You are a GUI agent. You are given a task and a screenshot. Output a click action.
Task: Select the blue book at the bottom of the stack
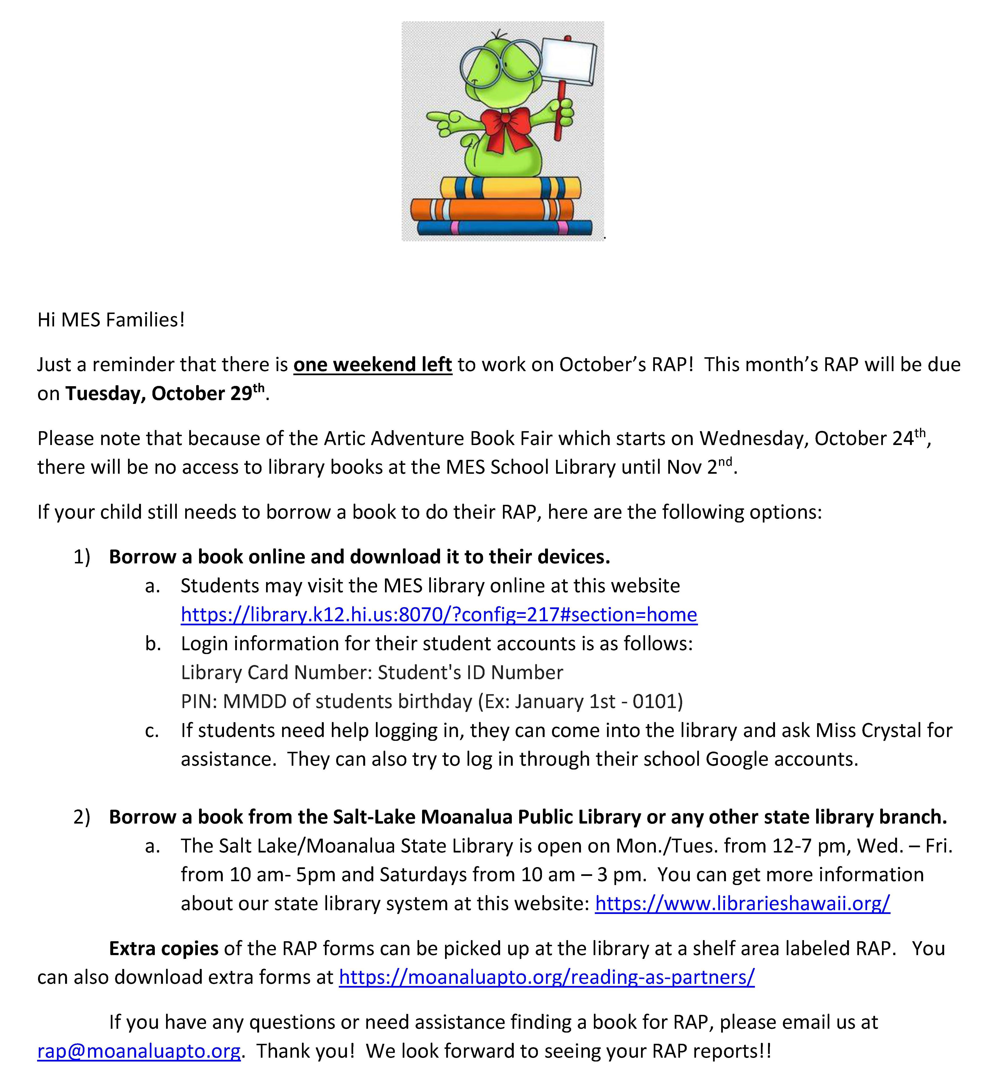point(504,227)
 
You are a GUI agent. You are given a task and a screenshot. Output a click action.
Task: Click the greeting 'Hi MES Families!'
point(111,320)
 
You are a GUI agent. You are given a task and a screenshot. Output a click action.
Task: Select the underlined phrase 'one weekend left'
point(372,365)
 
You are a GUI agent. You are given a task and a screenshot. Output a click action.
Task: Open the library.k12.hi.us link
point(439,615)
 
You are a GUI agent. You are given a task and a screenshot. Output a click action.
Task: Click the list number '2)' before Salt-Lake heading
point(82,817)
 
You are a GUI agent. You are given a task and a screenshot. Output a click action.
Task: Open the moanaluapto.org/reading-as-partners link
point(546,977)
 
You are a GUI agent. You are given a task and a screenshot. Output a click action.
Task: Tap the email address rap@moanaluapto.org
point(139,1051)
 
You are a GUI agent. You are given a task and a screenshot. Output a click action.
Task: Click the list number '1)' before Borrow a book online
point(82,557)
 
